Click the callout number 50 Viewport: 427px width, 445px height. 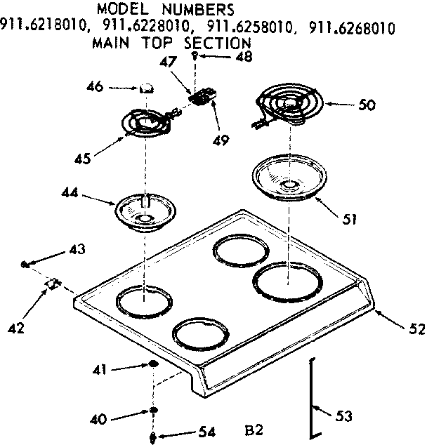click(367, 105)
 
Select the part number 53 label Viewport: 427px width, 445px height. click(343, 417)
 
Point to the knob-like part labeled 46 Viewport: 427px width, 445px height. click(148, 88)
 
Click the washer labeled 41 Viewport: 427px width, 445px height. click(152, 365)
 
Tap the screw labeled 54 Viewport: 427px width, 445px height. click(152, 434)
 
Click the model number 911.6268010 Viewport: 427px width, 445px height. click(350, 28)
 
